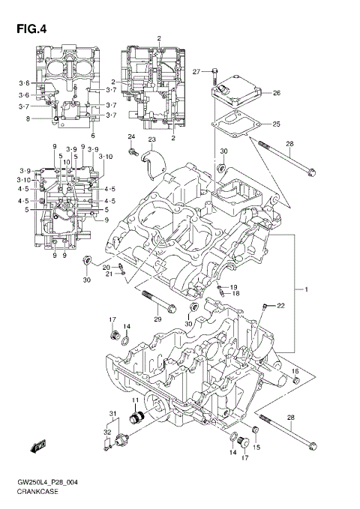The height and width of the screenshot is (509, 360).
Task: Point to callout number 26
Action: coord(276,94)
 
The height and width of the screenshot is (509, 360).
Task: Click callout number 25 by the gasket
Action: coord(276,124)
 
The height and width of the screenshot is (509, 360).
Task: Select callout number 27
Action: coord(196,72)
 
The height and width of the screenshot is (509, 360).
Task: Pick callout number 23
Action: coord(151,140)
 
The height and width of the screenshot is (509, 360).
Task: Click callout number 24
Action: coord(130,136)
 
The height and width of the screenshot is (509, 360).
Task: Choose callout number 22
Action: coord(280,305)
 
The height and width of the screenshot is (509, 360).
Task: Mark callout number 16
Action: coord(295,372)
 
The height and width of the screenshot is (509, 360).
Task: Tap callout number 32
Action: coord(107,433)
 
